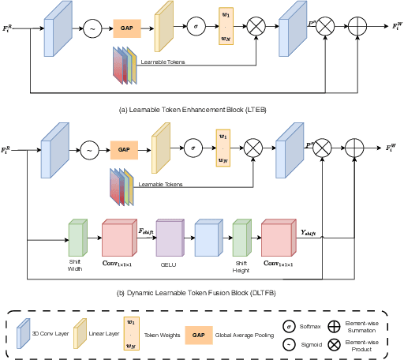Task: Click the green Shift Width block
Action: (x=77, y=238)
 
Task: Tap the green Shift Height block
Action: (x=240, y=238)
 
